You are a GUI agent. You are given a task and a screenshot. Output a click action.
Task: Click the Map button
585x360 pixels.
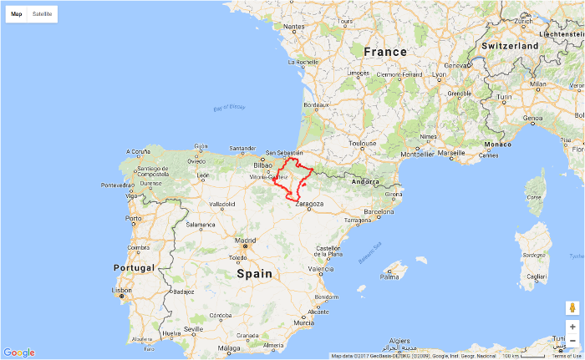17,14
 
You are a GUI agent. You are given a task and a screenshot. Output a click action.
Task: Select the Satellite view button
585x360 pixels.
42,14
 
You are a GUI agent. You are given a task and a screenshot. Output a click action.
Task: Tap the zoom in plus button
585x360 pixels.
572,327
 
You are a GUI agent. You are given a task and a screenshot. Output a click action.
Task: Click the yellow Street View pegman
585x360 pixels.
572,307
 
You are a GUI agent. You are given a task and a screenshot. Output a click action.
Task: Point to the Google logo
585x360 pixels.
18,352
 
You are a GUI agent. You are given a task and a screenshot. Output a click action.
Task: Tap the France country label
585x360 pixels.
385,52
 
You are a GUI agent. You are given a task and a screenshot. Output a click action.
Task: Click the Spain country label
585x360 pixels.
254,273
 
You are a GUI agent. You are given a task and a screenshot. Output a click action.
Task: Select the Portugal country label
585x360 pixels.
135,267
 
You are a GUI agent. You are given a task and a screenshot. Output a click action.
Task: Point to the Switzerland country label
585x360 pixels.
510,45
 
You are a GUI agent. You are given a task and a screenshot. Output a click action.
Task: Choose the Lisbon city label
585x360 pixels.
121,290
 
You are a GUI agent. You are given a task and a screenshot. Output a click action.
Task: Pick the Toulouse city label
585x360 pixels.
363,143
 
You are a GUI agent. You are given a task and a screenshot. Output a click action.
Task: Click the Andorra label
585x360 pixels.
366,181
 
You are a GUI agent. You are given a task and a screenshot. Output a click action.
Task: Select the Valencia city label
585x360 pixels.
321,270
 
